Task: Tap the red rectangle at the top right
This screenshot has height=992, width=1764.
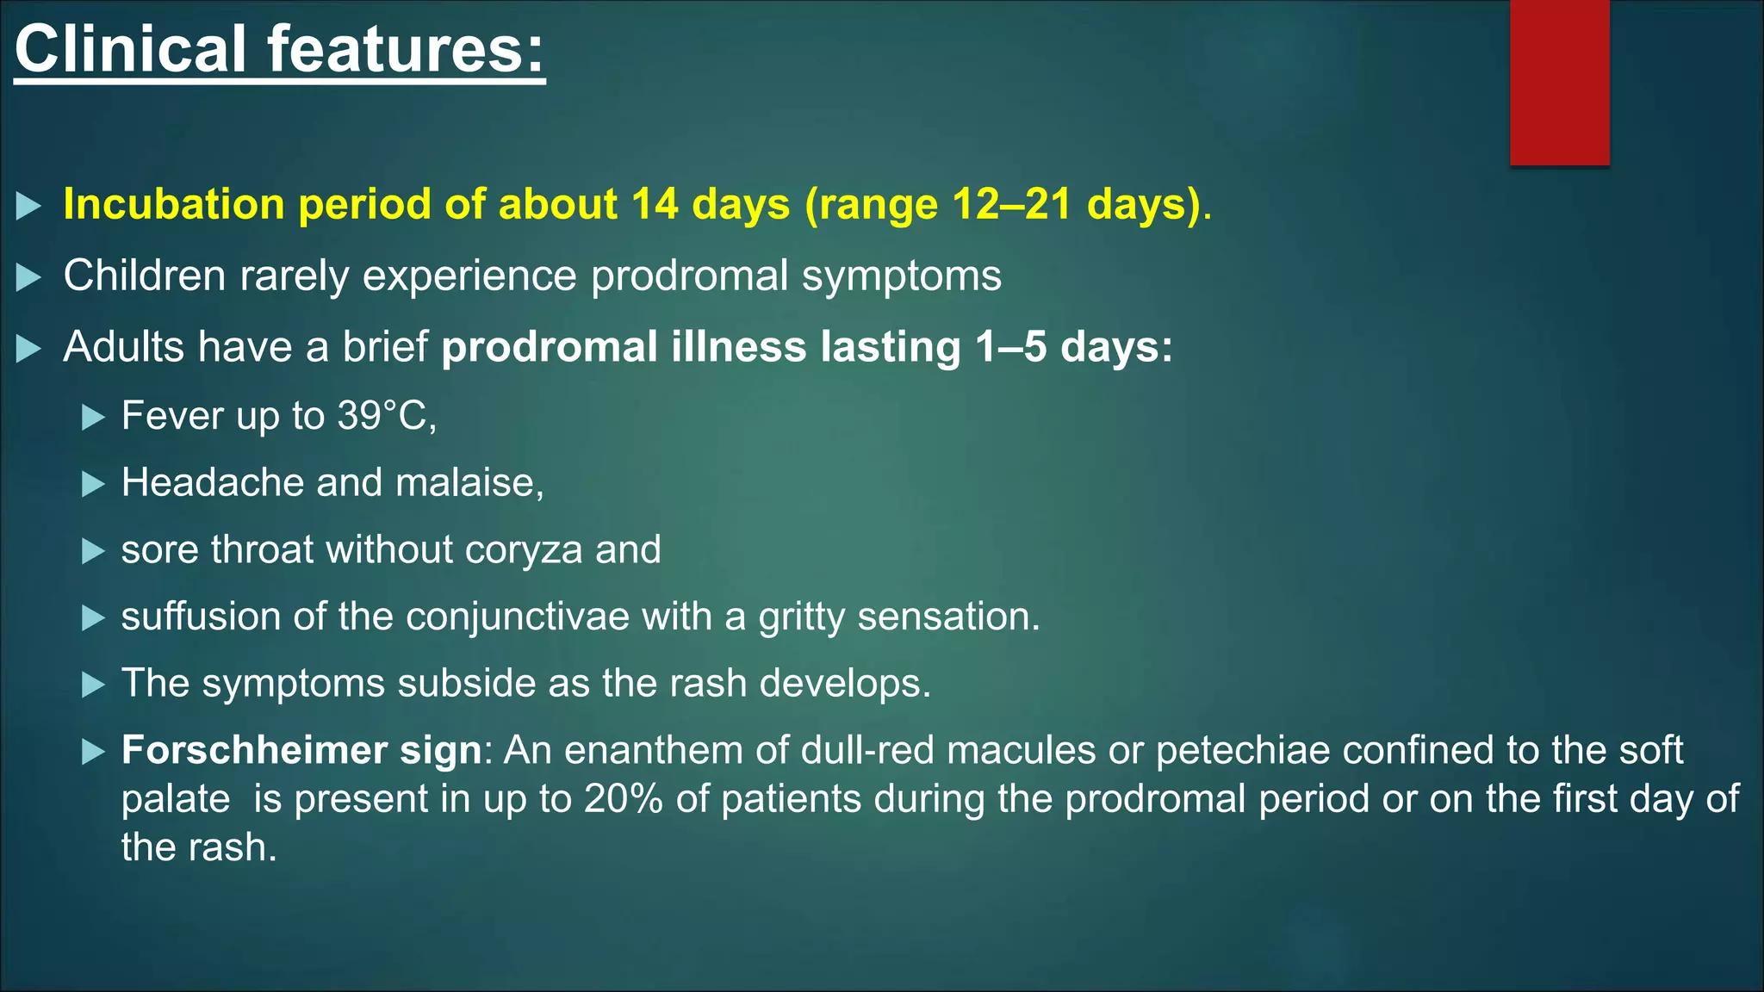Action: (x=1559, y=82)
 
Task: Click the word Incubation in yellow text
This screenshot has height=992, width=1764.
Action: (x=174, y=205)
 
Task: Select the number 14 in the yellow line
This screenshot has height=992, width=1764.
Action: (x=655, y=205)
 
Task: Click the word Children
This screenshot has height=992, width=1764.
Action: (x=144, y=276)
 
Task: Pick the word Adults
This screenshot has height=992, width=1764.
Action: (x=123, y=347)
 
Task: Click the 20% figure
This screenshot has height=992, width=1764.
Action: (x=623, y=799)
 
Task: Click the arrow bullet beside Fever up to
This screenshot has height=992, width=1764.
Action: (x=93, y=418)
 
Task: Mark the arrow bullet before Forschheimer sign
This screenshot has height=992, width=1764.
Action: (x=93, y=753)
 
